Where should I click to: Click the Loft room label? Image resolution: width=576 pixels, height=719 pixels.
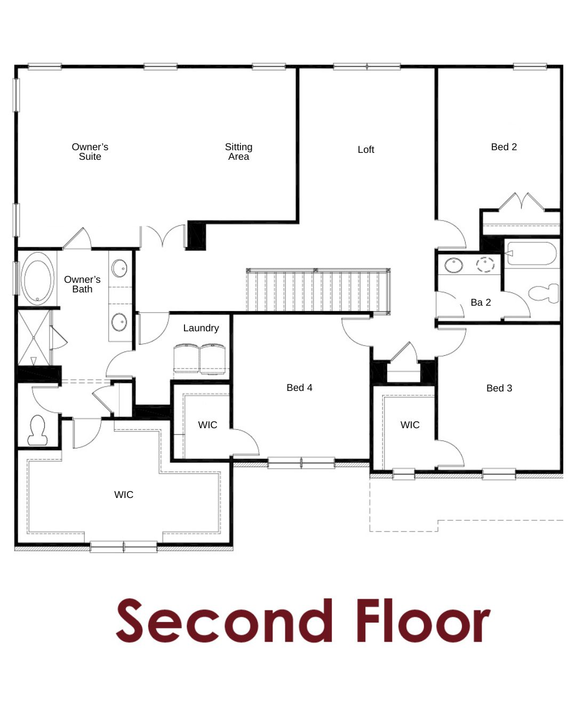[x=365, y=149]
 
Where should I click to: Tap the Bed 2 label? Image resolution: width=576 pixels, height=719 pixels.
[x=503, y=146]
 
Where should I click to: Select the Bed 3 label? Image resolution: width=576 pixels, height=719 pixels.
[x=499, y=388]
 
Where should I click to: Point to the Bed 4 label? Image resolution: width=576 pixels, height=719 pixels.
[x=299, y=387]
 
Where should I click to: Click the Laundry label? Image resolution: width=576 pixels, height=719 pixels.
[x=201, y=328]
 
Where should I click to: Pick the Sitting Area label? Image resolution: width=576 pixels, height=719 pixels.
[x=238, y=152]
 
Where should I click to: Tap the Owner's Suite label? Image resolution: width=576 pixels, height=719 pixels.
[x=90, y=152]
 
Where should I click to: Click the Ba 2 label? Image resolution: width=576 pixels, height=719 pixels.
[x=481, y=303]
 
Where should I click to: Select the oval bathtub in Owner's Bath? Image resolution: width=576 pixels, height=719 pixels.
[x=37, y=279]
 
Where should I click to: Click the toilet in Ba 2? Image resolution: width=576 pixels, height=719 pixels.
[x=544, y=293]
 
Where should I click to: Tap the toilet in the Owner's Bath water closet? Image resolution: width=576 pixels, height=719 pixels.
[x=37, y=430]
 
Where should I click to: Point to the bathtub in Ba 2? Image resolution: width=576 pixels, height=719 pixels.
[x=532, y=254]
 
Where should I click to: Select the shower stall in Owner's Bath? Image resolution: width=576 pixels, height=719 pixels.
[x=34, y=338]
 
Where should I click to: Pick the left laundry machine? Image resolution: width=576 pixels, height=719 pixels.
[x=187, y=358]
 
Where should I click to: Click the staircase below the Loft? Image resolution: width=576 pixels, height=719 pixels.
[x=318, y=290]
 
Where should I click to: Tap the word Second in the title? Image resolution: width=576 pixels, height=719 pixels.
[x=224, y=621]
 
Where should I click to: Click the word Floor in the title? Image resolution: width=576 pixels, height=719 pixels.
[x=423, y=621]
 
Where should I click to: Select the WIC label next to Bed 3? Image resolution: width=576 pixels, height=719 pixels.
[x=410, y=424]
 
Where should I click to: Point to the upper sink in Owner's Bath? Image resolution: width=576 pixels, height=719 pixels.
[x=119, y=268]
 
